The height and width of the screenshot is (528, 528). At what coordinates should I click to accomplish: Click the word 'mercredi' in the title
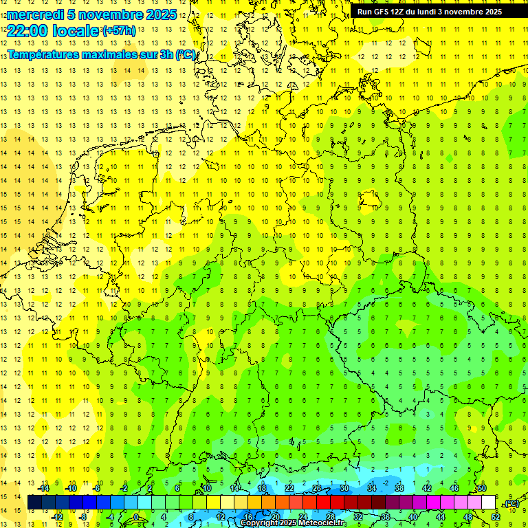[x=34, y=14]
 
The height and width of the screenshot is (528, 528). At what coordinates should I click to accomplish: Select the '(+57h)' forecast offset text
[x=118, y=30]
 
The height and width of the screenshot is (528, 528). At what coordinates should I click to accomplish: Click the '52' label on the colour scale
[x=496, y=516]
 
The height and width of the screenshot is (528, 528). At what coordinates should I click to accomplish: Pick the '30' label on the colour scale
[x=344, y=488]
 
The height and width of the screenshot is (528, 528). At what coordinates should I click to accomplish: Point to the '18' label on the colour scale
[x=262, y=488]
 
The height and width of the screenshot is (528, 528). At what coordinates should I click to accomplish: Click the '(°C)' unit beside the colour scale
[x=511, y=504]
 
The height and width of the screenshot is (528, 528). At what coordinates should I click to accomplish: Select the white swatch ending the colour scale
[x=488, y=503]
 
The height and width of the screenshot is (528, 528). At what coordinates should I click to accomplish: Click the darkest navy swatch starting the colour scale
[x=34, y=503]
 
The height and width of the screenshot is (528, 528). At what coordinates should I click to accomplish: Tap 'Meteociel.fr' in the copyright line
[x=322, y=523]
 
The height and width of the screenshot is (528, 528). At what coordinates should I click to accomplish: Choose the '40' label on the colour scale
[x=413, y=516]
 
